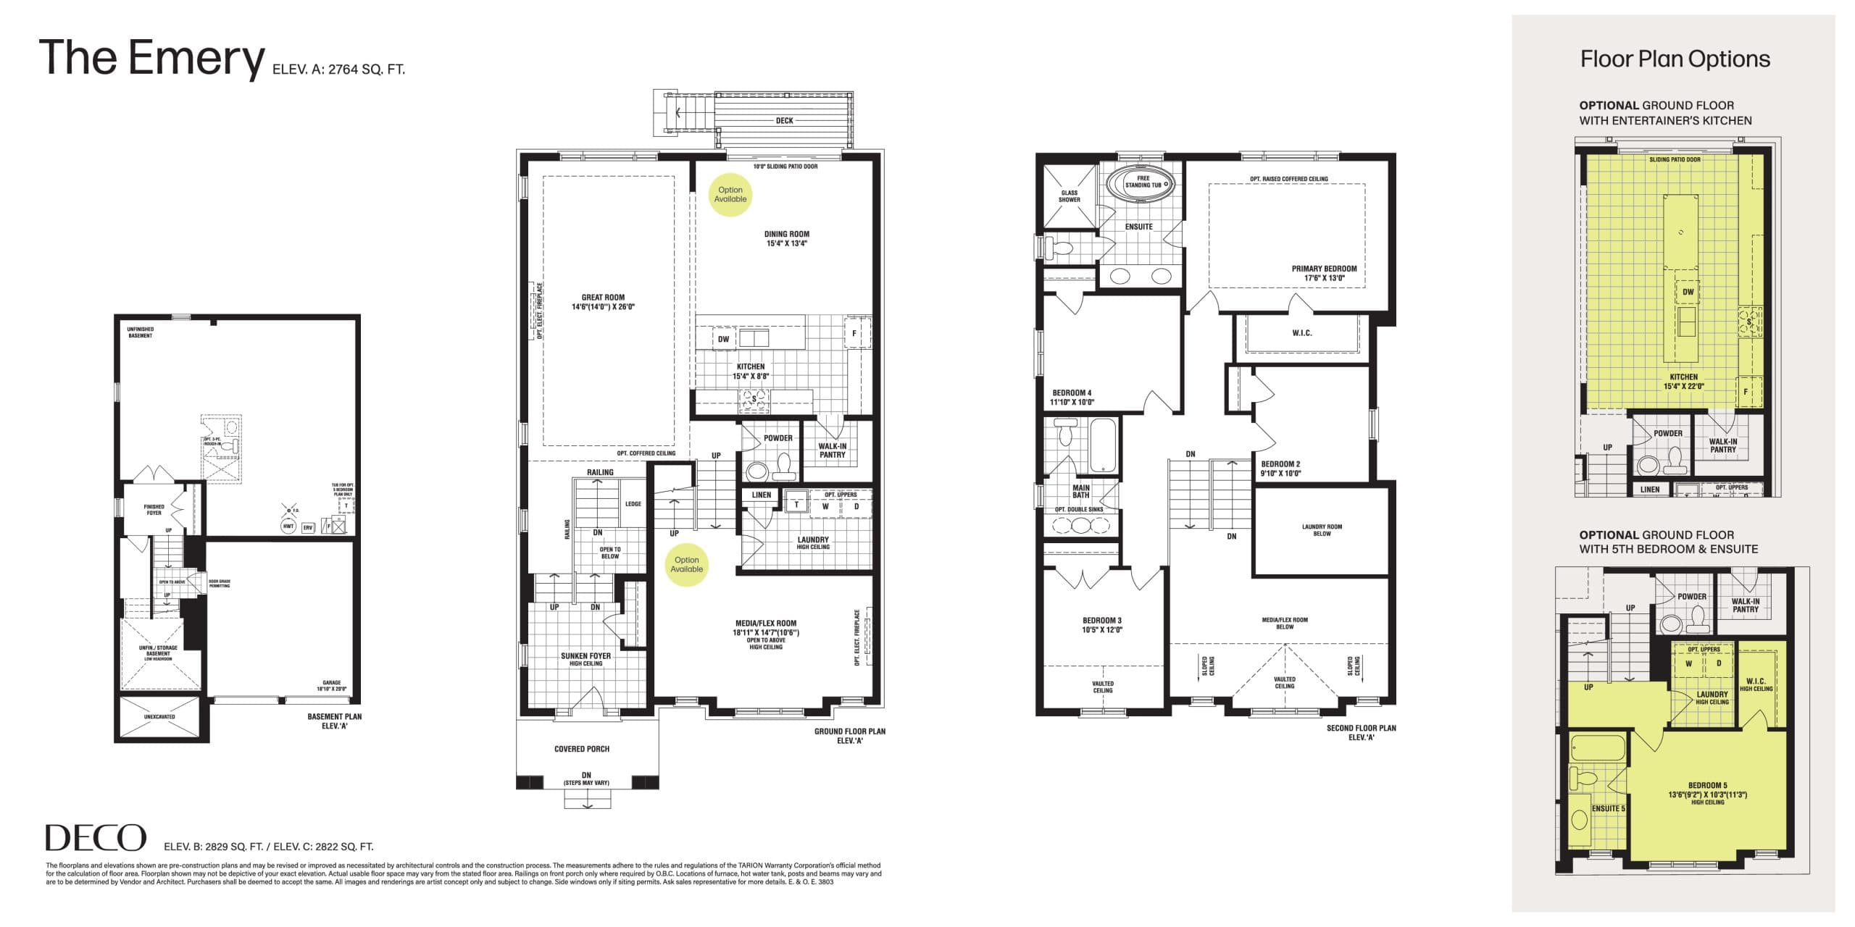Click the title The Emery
point(152,58)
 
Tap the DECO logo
point(96,838)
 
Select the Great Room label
point(603,302)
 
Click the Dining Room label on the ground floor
point(786,238)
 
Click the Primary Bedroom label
point(1324,273)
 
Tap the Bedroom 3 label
point(1102,625)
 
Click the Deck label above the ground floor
point(784,121)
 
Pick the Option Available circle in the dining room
point(730,195)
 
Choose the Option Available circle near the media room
point(686,564)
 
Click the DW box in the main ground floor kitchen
point(723,339)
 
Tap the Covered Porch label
point(582,749)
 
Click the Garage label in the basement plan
point(331,686)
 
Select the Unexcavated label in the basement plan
point(159,717)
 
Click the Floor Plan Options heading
point(1675,59)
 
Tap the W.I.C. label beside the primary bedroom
point(1301,333)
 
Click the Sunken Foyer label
point(585,658)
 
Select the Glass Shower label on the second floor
point(1069,196)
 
